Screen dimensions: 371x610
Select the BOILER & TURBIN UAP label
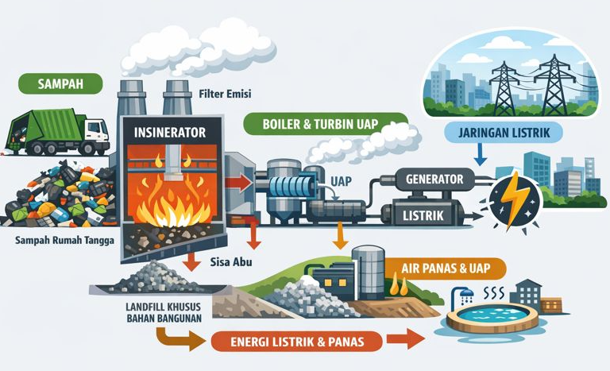pyautogui.click(x=325, y=124)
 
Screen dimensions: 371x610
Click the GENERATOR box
pyautogui.click(x=434, y=179)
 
